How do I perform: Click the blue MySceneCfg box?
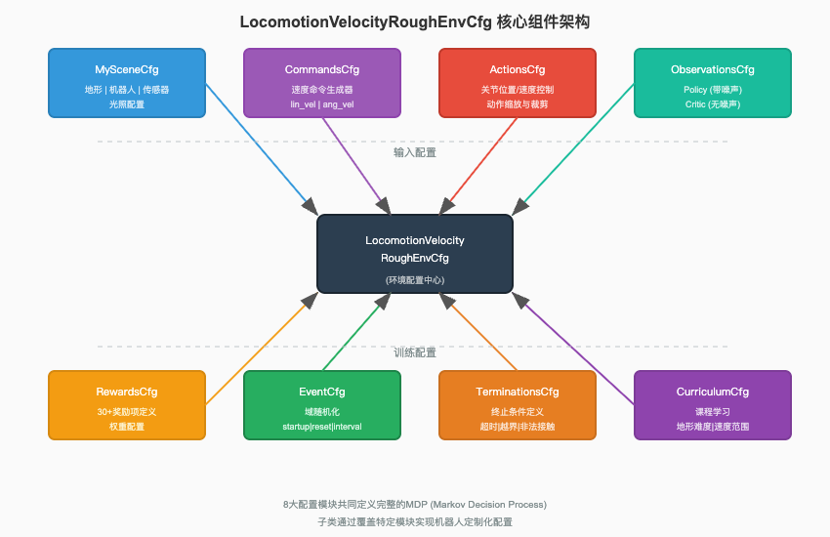click(127, 83)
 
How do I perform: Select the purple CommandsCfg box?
click(322, 83)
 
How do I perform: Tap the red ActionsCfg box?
click(518, 83)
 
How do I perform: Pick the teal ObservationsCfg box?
click(713, 83)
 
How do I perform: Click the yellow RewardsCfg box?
click(127, 405)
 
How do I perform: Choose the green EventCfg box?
click(322, 405)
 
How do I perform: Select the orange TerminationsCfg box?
click(518, 405)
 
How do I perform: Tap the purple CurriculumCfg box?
click(713, 405)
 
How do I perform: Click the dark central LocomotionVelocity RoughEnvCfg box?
click(415, 254)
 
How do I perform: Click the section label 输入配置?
click(415, 152)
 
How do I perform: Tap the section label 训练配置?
click(415, 352)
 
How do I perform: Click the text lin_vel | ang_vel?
click(322, 103)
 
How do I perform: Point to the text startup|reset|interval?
click(322, 427)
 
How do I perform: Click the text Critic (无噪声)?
click(713, 103)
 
